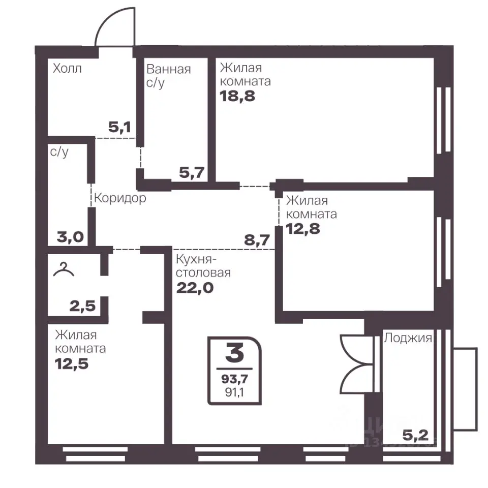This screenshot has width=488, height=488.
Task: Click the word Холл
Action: (x=67, y=69)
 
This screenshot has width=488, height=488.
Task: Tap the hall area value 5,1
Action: (x=119, y=127)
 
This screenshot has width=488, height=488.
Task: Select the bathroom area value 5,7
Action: (x=192, y=172)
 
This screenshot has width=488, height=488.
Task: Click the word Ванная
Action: (x=168, y=69)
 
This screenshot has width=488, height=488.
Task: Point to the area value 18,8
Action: (x=237, y=96)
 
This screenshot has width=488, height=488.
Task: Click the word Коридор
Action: (x=120, y=198)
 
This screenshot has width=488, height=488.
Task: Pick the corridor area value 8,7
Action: (x=257, y=240)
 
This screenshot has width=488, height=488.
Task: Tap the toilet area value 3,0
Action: (x=70, y=237)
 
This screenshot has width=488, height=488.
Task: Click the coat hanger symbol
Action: (x=64, y=269)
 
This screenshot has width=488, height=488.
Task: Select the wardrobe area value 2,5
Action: (x=82, y=306)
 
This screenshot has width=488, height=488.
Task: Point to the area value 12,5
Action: (x=72, y=363)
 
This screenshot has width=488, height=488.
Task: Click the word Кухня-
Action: (x=196, y=259)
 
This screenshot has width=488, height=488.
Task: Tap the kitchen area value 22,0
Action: (x=195, y=288)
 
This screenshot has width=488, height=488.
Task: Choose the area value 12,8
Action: (x=303, y=229)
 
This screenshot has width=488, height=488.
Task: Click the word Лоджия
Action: (x=408, y=338)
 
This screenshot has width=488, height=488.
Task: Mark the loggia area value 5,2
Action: (x=415, y=436)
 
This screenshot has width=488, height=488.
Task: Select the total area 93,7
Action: (x=235, y=379)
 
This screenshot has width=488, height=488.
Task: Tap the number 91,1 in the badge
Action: (x=235, y=392)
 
